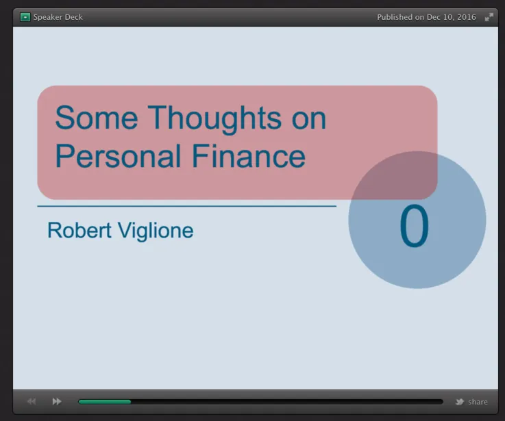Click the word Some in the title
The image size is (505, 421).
(97, 118)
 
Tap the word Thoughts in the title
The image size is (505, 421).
(214, 120)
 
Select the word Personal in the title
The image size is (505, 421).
(118, 156)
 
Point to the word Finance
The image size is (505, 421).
(248, 156)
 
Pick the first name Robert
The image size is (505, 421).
(79, 231)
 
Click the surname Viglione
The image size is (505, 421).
(156, 231)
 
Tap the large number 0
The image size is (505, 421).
(414, 226)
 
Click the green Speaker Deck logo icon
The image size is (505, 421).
(25, 17)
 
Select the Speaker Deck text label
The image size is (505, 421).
(58, 17)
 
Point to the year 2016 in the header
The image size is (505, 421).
(467, 17)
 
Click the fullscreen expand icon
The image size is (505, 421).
(489, 17)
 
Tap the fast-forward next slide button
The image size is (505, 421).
(57, 401)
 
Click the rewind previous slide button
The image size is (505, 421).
(32, 401)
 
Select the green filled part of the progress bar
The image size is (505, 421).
(105, 402)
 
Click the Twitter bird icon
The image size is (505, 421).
(460, 402)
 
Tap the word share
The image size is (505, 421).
(478, 402)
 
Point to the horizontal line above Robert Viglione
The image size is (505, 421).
(187, 206)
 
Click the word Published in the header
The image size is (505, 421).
(395, 17)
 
